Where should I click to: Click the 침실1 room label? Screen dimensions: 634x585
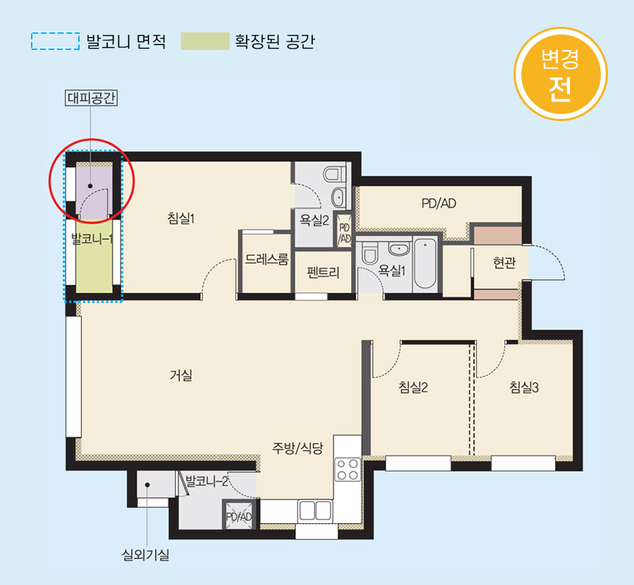tap(181, 218)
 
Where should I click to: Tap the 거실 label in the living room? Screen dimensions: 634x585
tap(181, 375)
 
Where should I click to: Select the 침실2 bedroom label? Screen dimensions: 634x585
tap(413, 387)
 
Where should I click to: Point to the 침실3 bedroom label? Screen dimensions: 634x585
tap(524, 387)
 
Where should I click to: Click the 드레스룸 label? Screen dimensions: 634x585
tap(267, 259)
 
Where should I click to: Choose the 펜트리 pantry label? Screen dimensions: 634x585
tap(323, 272)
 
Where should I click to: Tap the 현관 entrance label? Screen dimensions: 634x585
tap(504, 263)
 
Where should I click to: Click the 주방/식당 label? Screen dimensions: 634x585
tap(297, 448)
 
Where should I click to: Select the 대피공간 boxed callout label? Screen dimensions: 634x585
tap(92, 98)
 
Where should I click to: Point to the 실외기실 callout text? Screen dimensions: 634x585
tap(146, 555)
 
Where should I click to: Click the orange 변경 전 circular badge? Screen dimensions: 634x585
tap(561, 74)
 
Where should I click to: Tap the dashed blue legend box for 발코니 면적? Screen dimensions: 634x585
tap(56, 42)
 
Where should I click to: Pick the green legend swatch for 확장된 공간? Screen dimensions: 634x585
tap(205, 42)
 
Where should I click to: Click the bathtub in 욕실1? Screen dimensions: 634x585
tap(425, 263)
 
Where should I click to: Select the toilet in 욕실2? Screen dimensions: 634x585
tap(335, 175)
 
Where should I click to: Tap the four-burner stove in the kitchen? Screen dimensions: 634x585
tap(348, 469)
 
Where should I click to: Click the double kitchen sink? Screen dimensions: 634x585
tap(315, 510)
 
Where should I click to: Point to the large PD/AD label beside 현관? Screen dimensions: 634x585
tap(439, 203)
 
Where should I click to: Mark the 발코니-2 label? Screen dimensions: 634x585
tap(207, 481)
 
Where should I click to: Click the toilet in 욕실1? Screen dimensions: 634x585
tap(369, 253)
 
